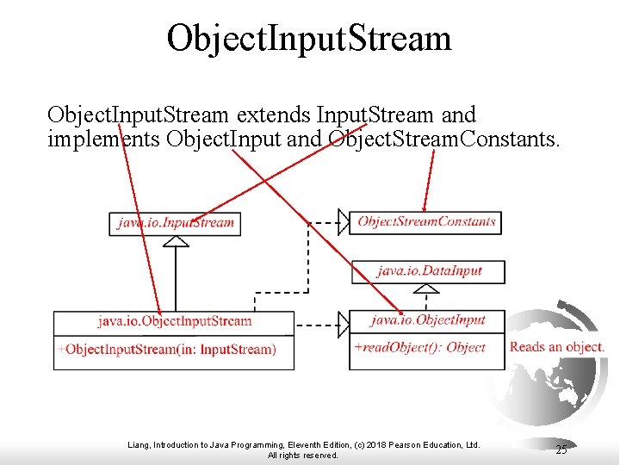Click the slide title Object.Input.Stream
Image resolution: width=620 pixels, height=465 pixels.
click(309, 38)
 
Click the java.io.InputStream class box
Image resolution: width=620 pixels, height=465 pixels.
click(176, 223)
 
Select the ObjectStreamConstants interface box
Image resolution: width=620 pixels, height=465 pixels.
click(426, 221)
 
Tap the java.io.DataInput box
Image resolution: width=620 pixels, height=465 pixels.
click(429, 271)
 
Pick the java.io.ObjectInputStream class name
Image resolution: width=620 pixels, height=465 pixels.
click(174, 321)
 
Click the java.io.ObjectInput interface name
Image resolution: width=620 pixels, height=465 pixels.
click(428, 320)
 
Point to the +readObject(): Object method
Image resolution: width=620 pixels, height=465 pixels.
click(420, 347)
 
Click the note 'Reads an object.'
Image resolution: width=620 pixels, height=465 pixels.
click(557, 347)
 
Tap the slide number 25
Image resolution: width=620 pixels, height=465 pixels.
click(561, 449)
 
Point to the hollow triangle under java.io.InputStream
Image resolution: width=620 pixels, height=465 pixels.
click(176, 240)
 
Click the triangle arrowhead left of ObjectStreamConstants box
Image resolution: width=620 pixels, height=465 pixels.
click(342, 221)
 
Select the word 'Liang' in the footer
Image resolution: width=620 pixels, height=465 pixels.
click(138, 445)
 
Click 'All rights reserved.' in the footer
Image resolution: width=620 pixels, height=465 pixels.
click(303, 456)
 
